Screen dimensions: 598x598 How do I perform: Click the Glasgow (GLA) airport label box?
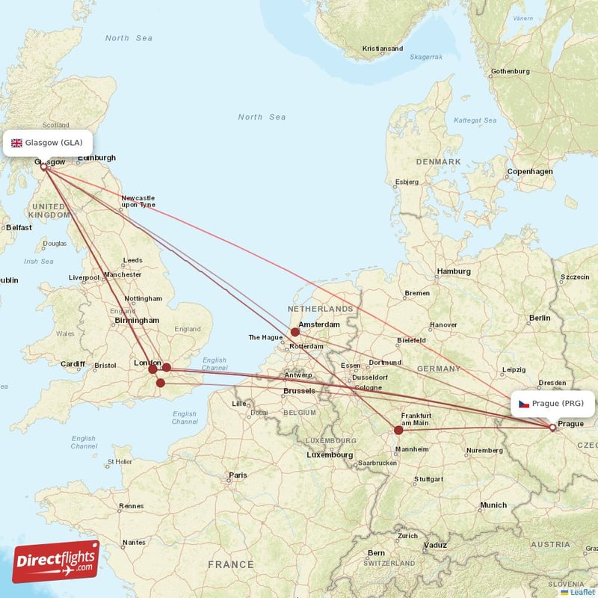[49, 143]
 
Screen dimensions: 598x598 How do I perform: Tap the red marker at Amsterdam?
[295, 332]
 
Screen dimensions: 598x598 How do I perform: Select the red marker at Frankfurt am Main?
[398, 430]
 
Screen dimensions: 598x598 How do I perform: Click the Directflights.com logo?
[55, 561]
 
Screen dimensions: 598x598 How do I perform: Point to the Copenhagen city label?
[530, 171]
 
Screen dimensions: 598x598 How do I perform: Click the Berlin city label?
[540, 318]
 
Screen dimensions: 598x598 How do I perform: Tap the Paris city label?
[238, 475]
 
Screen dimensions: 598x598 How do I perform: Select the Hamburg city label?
[453, 271]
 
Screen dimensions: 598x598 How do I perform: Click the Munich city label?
[493, 505]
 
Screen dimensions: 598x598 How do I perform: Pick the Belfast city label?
[19, 227]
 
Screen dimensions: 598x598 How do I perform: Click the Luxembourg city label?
[330, 454]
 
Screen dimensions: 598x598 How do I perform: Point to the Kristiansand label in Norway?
[382, 49]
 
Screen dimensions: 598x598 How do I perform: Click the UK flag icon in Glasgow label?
[16, 143]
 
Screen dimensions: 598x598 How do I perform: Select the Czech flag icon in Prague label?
[524, 404]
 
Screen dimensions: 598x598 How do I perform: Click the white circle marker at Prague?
[552, 428]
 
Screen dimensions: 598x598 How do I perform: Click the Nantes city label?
[135, 542]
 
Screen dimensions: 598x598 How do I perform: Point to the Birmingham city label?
[138, 320]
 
